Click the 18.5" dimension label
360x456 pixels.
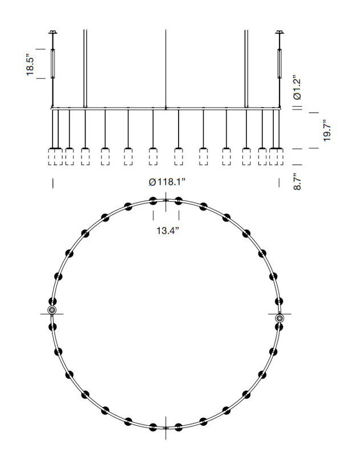[30, 64]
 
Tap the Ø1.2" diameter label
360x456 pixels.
[297, 88]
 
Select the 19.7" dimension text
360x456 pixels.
[327, 131]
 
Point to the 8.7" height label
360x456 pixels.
[297, 181]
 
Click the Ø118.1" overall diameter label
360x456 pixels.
[167, 182]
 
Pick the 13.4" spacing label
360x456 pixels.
[168, 231]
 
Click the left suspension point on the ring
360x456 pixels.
[52, 310]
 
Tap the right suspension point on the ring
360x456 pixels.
[280, 318]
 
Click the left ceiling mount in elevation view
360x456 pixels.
[52, 32]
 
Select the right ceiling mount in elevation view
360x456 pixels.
[280, 32]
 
